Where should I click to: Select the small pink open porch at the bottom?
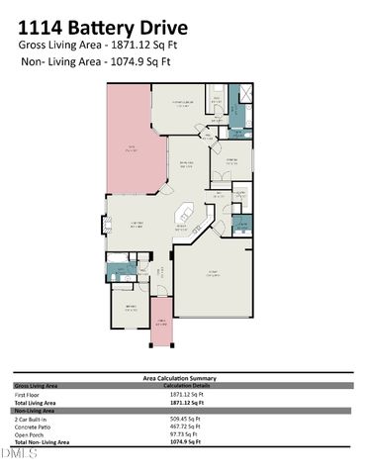161,331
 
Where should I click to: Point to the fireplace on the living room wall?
109,226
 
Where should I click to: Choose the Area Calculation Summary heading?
182,378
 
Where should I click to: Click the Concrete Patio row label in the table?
33,427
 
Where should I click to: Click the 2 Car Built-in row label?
32,419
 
